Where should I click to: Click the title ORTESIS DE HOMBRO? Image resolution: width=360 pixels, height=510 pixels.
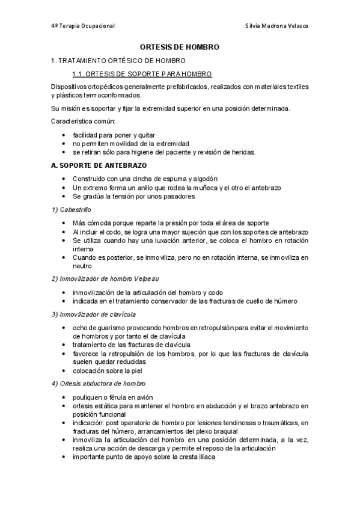tap(180, 46)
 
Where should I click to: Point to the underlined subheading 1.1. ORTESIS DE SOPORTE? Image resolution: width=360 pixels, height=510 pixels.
tap(141, 74)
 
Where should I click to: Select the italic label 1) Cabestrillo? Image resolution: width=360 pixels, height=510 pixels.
tap(71, 209)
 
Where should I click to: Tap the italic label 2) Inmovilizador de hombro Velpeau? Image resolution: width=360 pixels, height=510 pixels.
tap(105, 278)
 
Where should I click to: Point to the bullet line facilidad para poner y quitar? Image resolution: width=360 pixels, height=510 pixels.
tap(114, 135)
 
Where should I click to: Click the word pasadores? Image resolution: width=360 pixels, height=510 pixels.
tap(177, 196)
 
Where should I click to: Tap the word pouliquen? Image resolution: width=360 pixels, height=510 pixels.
tap(87, 397)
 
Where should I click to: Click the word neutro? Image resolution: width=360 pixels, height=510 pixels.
tap(82, 265)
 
